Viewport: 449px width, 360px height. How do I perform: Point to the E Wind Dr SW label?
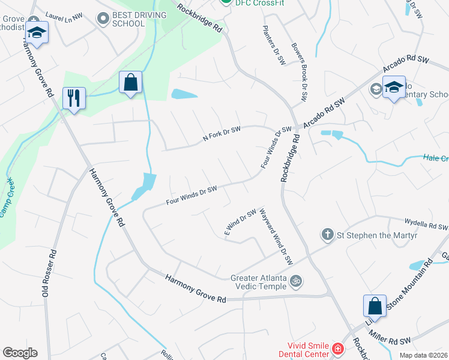click(240, 222)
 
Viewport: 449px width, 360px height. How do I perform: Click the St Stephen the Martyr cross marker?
click(327, 233)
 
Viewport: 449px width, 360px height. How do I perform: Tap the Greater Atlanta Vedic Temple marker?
click(295, 281)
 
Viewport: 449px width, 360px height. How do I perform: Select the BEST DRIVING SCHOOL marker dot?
click(102, 19)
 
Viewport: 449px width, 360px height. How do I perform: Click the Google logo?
click(20, 353)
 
